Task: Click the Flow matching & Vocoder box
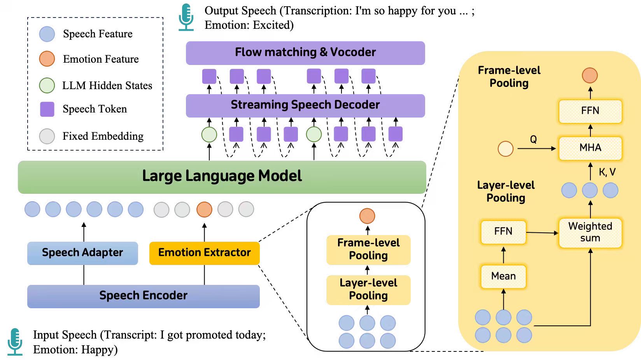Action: tap(305, 53)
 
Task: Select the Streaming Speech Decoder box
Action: tap(305, 105)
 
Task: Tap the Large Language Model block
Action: tap(222, 177)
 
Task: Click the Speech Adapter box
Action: tap(82, 253)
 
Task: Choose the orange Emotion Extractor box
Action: tap(204, 253)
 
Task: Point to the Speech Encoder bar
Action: tap(143, 296)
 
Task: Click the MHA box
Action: tap(590, 148)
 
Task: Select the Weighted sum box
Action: tap(590, 232)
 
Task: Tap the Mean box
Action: tap(503, 276)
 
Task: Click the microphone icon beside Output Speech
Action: tap(186, 17)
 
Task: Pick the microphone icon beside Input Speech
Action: tap(15, 341)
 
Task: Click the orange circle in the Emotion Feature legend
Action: tap(47, 59)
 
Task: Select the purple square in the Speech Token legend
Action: tap(47, 109)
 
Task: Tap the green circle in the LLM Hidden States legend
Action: tap(47, 85)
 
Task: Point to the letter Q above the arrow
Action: tap(533, 139)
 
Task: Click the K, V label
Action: tap(607, 172)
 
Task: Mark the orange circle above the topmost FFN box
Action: tap(590, 75)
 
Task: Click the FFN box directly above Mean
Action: tap(503, 232)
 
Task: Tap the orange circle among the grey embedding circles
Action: tap(204, 209)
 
